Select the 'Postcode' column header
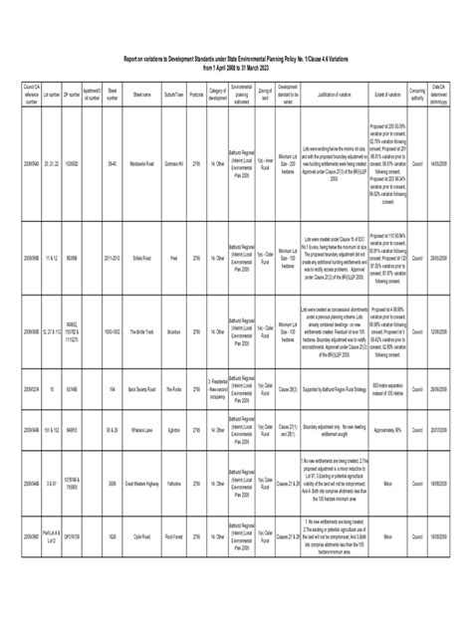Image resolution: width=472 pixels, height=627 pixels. (196, 97)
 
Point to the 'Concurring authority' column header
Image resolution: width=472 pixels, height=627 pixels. (418, 97)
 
